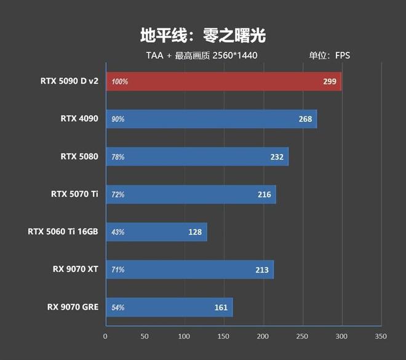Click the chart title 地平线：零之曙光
click(203, 35)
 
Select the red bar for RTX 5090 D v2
click(223, 81)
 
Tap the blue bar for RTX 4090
click(211, 119)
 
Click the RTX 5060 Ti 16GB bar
click(156, 232)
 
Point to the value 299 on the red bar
click(330, 81)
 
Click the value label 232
click(277, 157)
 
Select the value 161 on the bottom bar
click(221, 307)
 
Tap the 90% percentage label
click(117, 119)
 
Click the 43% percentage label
click(117, 232)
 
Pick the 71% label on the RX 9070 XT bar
click(117, 270)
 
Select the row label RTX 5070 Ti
click(74, 194)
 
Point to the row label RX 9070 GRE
click(73, 306)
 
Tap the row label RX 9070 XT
click(76, 269)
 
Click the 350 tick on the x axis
click(381, 337)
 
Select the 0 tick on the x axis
click(106, 337)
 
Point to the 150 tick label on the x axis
click(224, 337)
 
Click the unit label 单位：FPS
click(329, 55)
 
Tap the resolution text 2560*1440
click(234, 55)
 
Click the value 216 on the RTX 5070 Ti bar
click(265, 194)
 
